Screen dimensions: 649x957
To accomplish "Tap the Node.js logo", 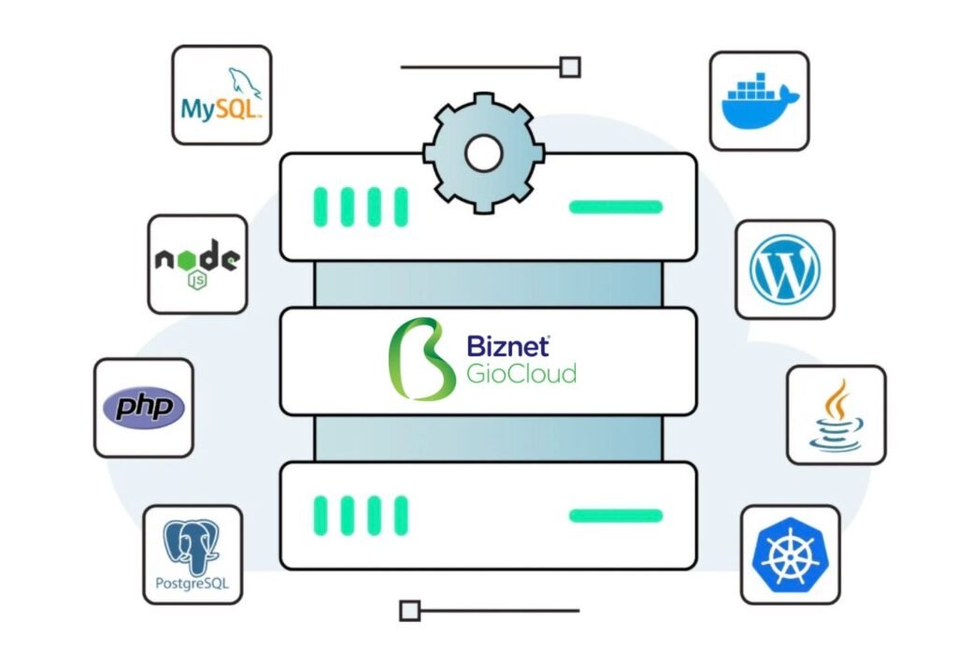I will (x=197, y=263).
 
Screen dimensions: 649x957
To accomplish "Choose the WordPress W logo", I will (x=784, y=269).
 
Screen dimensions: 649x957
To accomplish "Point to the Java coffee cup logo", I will (x=836, y=414).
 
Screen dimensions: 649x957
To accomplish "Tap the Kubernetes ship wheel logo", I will (x=790, y=555).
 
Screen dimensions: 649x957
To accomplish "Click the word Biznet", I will (x=507, y=346).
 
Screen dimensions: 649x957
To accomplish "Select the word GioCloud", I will (x=521, y=374).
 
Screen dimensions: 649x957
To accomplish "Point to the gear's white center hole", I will (x=481, y=153).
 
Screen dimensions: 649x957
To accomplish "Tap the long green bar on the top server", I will (x=616, y=207).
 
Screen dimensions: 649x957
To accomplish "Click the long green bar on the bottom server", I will (x=616, y=515).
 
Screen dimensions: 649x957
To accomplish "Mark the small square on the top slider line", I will (x=569, y=67).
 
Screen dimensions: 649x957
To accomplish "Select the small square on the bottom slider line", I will (x=408, y=612).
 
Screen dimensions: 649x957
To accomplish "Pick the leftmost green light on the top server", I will (x=321, y=207).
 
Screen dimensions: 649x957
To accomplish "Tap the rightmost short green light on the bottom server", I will (x=401, y=515).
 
